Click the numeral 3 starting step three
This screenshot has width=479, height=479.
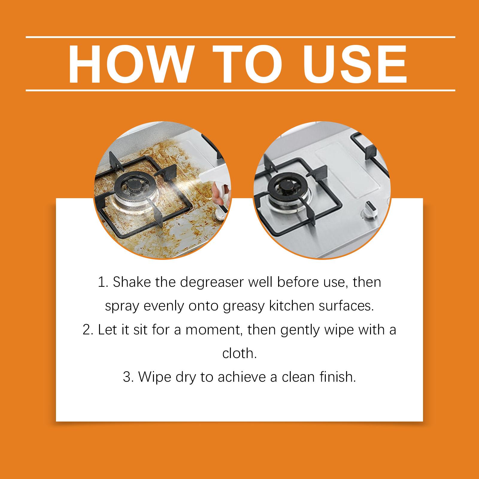click(127, 377)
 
